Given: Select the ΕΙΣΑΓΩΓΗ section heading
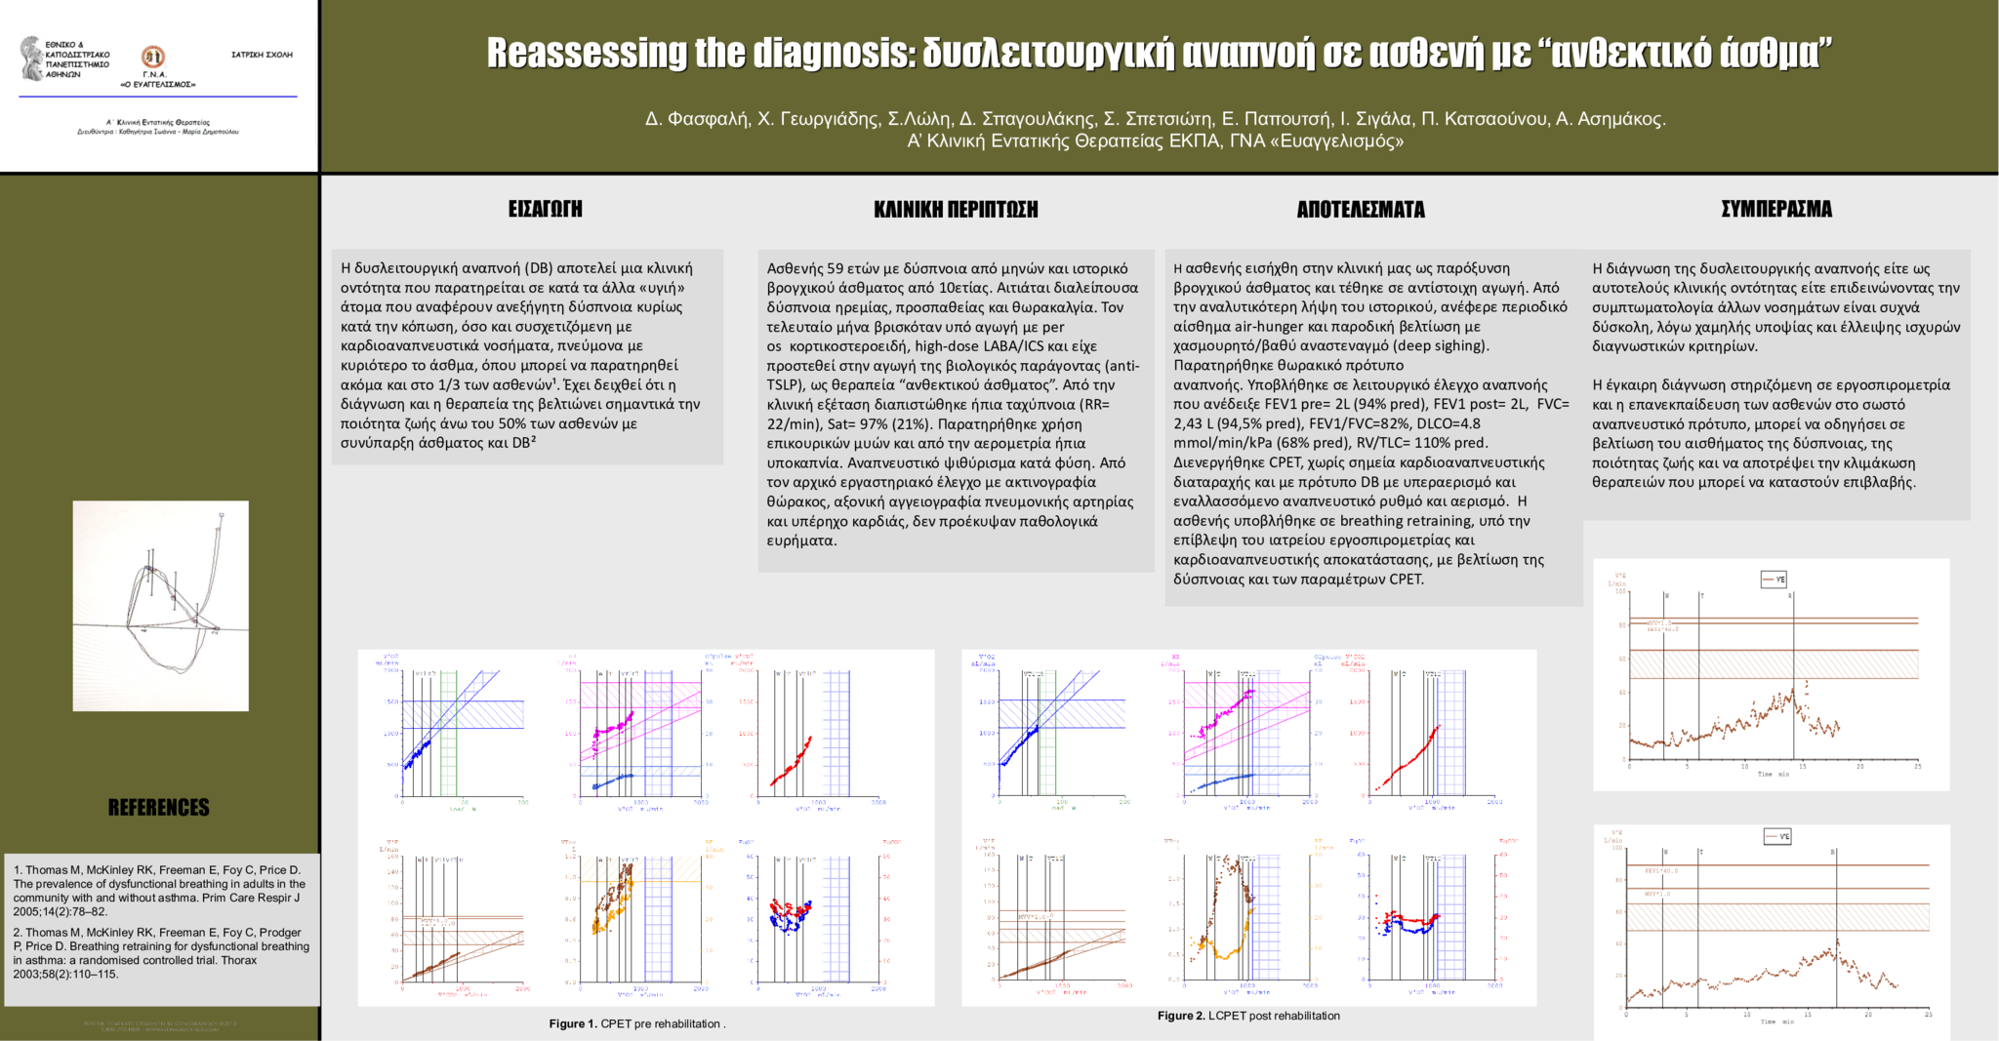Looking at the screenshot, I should point(545,209).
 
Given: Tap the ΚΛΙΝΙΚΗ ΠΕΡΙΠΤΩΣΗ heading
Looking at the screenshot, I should point(956,210).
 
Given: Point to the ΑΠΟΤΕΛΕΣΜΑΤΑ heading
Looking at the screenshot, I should point(1361,210).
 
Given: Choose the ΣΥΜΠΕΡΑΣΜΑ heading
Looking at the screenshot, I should point(1776,209).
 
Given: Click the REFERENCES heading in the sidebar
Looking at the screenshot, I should point(159,808).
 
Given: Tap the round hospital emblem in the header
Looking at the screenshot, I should point(153,57).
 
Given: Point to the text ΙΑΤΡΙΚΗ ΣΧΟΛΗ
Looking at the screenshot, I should point(262,55).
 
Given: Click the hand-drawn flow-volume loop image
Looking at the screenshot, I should point(161,605).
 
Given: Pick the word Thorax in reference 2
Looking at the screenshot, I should point(239,960).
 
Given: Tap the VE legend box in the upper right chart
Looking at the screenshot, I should point(1774,580).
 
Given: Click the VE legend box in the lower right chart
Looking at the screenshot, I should point(1777,836).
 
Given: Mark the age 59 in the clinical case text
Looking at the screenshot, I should point(836,268).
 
